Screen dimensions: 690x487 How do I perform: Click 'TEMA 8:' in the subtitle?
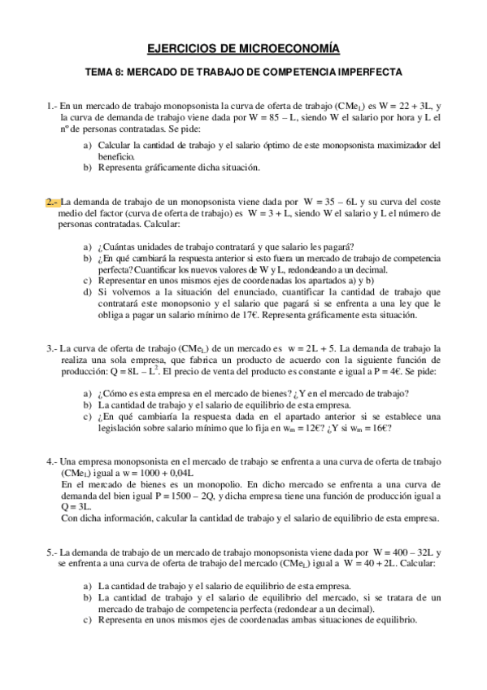102,72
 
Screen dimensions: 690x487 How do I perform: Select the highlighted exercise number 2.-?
52,202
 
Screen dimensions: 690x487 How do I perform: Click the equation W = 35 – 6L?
333,202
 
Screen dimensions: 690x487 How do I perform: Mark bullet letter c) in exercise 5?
87,619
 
